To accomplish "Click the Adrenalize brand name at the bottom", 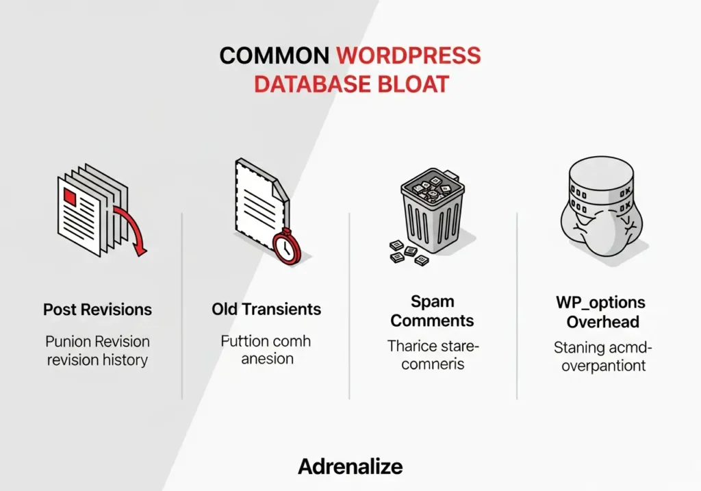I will (x=350, y=467).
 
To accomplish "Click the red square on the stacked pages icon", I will (x=70, y=197).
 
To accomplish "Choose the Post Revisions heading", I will (x=97, y=309).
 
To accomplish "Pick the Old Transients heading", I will (x=266, y=309).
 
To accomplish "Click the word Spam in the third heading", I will (x=433, y=301).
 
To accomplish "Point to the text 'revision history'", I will (x=97, y=360).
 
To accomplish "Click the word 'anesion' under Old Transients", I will (x=267, y=359).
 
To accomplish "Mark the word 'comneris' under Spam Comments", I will (x=433, y=364).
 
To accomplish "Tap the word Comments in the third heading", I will (x=433, y=320).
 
